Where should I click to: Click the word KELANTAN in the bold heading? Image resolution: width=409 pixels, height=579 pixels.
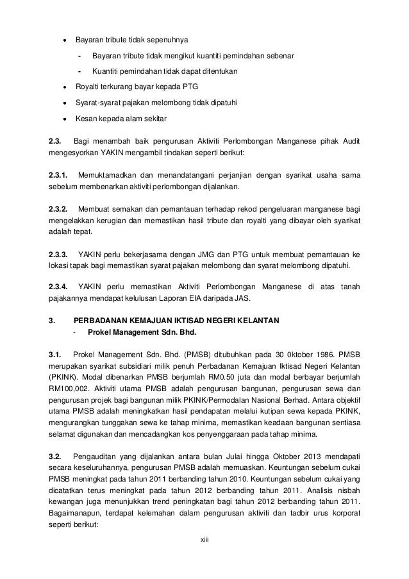pos(257,321)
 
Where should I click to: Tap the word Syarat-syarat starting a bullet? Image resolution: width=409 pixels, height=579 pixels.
pos(99,102)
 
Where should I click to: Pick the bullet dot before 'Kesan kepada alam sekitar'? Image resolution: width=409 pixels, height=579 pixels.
pos(65,119)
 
